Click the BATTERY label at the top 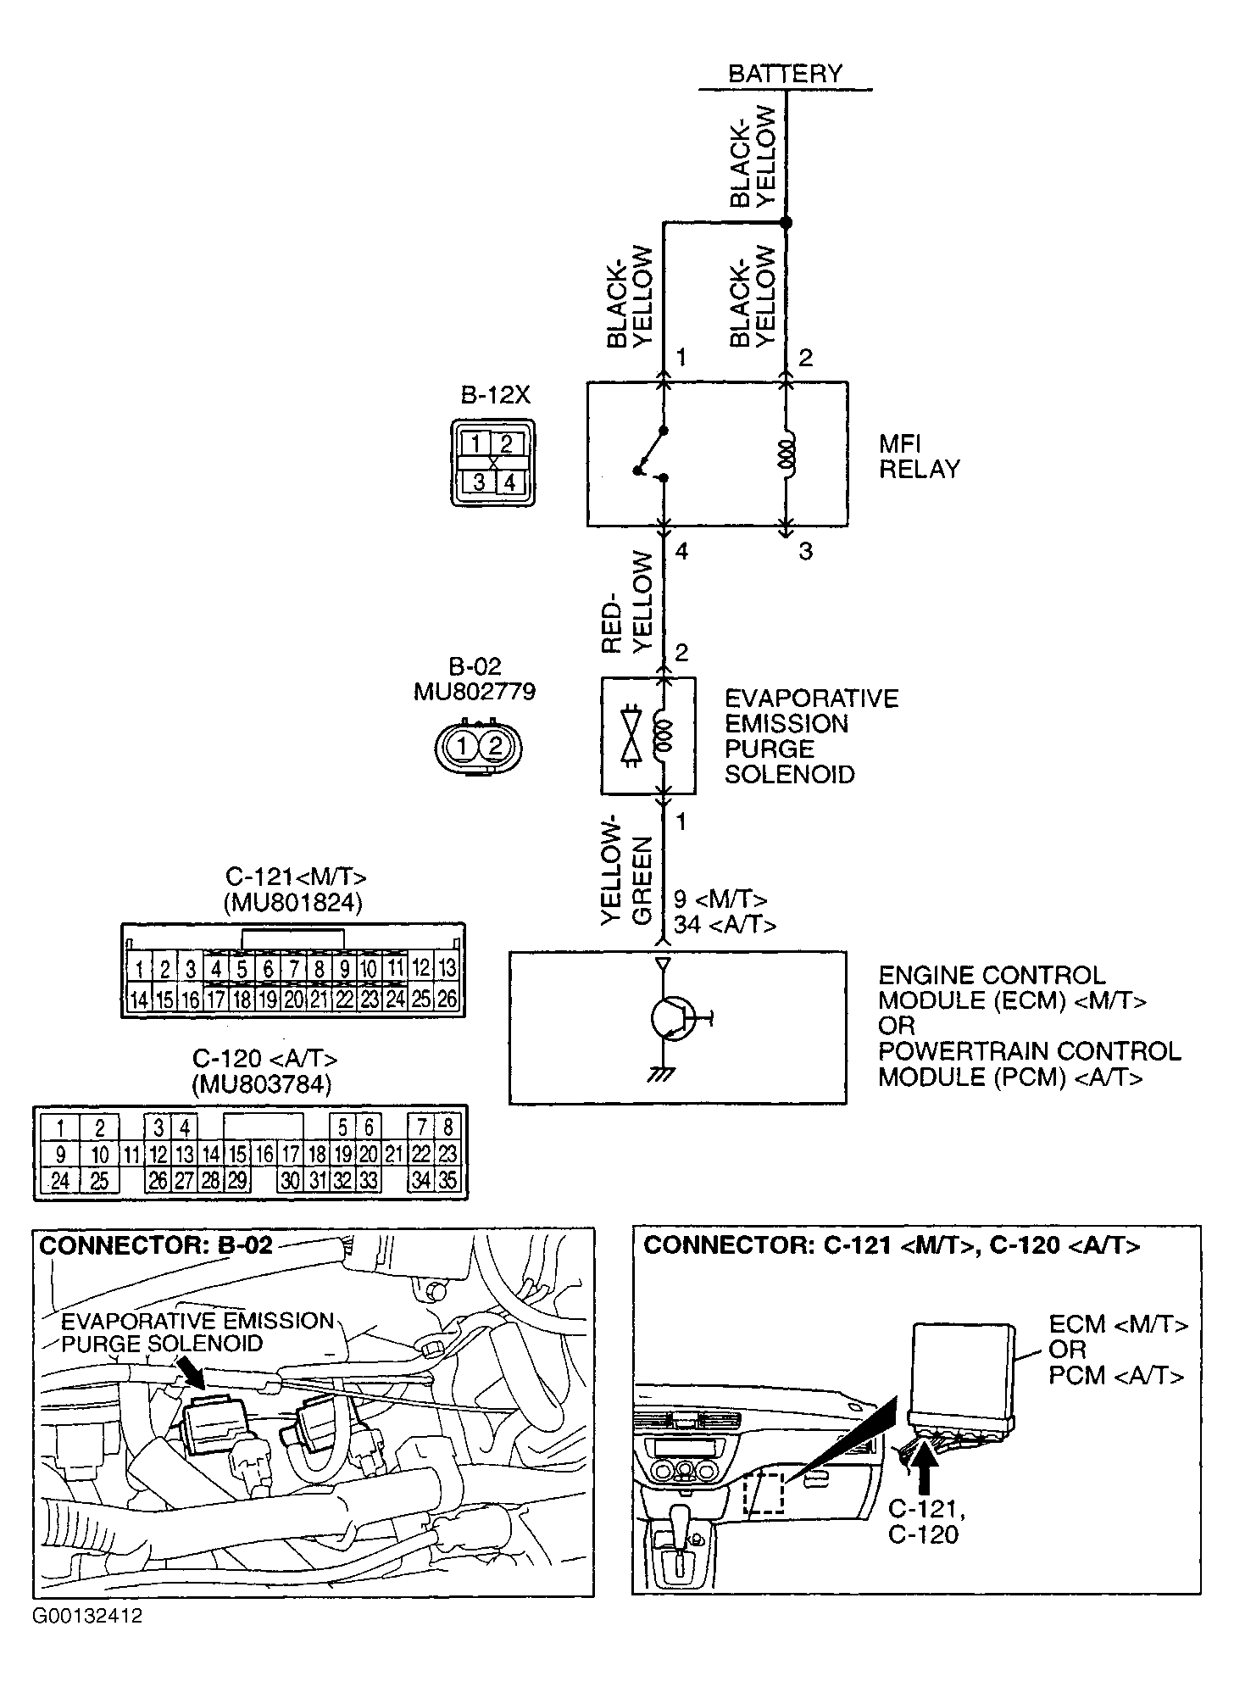(x=785, y=74)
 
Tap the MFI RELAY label (x=919, y=456)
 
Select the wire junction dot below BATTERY (x=786, y=223)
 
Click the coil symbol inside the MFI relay (x=787, y=454)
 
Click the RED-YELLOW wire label (x=629, y=602)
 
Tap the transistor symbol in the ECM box (x=671, y=1016)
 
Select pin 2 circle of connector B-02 (x=497, y=747)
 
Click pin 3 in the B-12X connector (x=479, y=482)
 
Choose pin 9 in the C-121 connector (x=343, y=968)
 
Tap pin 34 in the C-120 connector (x=420, y=1179)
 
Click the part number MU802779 (x=474, y=692)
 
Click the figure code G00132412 (x=87, y=1615)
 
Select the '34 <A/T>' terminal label (x=725, y=924)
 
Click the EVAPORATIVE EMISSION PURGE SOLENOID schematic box (x=648, y=735)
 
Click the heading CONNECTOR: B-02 (x=157, y=1245)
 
